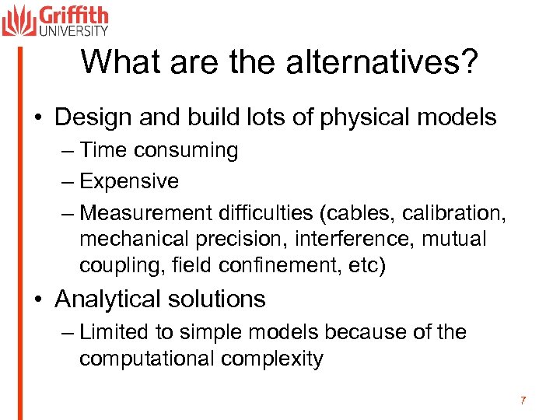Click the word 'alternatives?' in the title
click(381, 63)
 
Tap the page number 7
click(523, 401)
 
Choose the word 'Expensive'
click(129, 182)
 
